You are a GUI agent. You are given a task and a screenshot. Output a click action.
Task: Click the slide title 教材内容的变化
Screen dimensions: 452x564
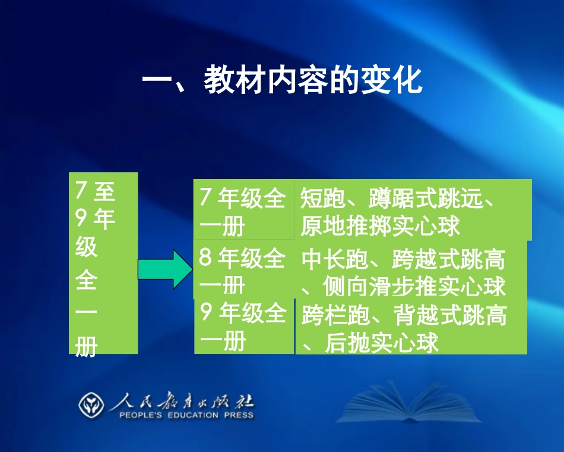pyautogui.click(x=282, y=81)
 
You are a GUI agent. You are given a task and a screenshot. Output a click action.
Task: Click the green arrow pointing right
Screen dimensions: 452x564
pyautogui.click(x=165, y=269)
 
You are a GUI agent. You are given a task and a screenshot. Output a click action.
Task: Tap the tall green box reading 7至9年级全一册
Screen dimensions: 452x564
pyautogui.click(x=103, y=263)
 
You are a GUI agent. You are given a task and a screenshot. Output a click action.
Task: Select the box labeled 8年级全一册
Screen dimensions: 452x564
pyautogui.click(x=243, y=271)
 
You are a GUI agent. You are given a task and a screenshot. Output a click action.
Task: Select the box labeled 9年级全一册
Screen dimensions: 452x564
pyautogui.click(x=244, y=327)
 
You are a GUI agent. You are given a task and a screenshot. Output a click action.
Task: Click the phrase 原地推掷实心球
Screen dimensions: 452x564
pyautogui.click(x=380, y=227)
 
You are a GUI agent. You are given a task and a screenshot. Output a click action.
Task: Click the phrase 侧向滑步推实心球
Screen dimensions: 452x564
pyautogui.click(x=414, y=287)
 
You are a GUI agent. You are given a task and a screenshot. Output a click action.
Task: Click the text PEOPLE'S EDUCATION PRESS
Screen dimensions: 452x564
pyautogui.click(x=186, y=415)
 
